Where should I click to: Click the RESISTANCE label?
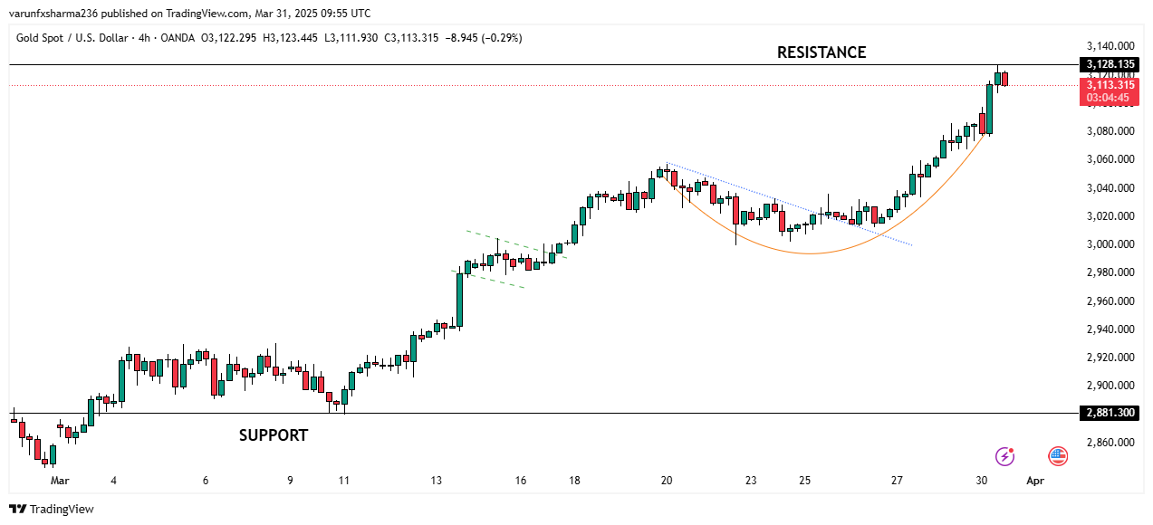(822, 52)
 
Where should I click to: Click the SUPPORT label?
(274, 435)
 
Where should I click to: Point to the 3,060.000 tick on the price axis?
(1110, 159)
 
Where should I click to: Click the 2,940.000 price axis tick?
(1110, 329)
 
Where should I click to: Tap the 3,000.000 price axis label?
(1110, 244)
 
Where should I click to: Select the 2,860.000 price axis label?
(1110, 443)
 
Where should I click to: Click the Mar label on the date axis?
(60, 481)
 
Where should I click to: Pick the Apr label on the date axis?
(1035, 481)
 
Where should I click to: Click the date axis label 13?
(437, 481)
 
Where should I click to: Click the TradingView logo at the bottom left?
(52, 509)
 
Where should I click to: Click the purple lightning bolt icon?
(1004, 456)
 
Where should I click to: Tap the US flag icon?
(1058, 456)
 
